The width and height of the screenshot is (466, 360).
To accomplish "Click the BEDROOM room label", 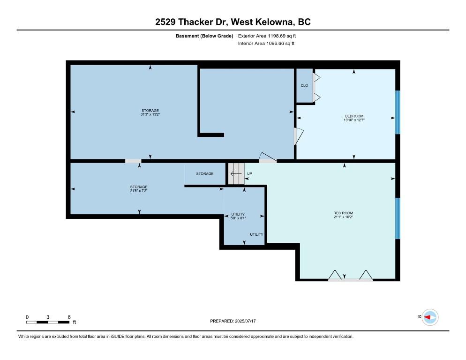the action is click(354, 116).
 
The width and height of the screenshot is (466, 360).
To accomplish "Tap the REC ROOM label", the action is click(343, 213).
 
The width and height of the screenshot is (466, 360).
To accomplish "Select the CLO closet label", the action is click(304, 86).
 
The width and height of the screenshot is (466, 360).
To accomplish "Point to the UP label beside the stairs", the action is click(249, 173).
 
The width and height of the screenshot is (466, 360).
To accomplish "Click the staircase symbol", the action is click(236, 173).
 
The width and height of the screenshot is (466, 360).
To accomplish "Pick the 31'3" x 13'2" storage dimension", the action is click(150, 114).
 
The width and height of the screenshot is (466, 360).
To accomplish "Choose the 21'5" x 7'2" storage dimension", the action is click(139, 191).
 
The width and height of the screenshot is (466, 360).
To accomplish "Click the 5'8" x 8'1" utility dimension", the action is click(238, 218).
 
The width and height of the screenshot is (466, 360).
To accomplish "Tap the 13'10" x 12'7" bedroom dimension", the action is click(354, 120).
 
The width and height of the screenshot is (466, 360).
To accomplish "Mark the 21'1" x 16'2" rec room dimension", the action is click(343, 217).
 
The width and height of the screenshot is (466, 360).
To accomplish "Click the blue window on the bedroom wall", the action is click(398, 112).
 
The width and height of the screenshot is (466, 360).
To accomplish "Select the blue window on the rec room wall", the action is click(398, 218).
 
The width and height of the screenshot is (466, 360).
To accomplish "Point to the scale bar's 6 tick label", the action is click(69, 317).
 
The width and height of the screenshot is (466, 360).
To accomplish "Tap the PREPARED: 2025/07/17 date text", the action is click(233, 321).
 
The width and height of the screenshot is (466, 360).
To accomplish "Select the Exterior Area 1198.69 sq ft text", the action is click(267, 36).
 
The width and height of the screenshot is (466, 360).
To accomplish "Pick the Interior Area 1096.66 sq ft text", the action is click(266, 44).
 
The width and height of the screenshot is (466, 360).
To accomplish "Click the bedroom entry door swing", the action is click(299, 136).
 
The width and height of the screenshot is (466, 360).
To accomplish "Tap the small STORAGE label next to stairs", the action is click(205, 173).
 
